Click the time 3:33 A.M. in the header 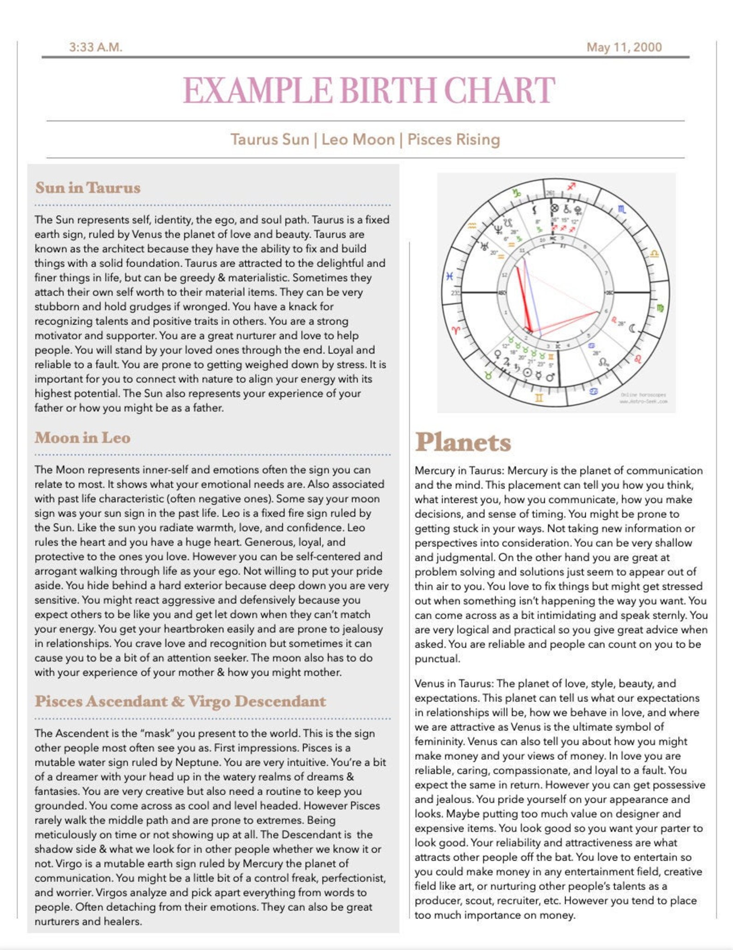(96, 47)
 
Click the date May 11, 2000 (624, 47)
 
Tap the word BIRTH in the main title (389, 90)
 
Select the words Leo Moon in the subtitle (358, 139)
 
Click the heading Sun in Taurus (88, 188)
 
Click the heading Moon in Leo (82, 438)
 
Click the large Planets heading (463, 442)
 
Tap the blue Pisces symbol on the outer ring (449, 277)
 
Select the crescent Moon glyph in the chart (632, 329)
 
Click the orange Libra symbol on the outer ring (654, 253)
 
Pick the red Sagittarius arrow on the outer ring (571, 186)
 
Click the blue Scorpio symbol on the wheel (622, 209)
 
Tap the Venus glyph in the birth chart (498, 355)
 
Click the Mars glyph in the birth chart (550, 377)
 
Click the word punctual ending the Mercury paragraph (437, 659)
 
